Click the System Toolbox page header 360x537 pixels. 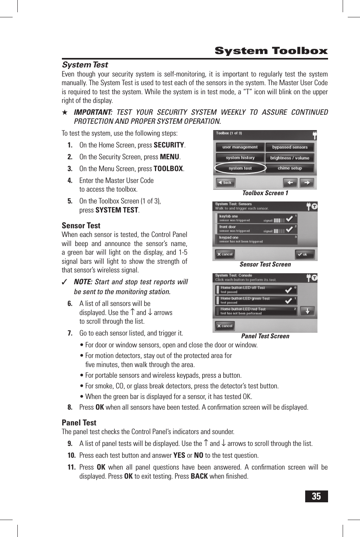coord(271,51)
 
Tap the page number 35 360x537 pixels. coord(316,496)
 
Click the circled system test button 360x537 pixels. coord(240,168)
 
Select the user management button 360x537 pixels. coord(240,147)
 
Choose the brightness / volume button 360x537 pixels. coord(290,158)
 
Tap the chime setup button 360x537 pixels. coord(290,168)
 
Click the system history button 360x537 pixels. coord(240,158)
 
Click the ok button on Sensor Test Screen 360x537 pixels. coord(305,254)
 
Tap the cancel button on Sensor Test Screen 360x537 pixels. coord(225,254)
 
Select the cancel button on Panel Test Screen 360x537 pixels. coord(225,326)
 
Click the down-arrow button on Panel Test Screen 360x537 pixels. coord(308,311)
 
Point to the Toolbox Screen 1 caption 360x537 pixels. coord(265,193)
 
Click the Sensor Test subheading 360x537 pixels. coord(81,226)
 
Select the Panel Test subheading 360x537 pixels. coord(79,422)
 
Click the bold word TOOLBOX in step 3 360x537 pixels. coord(168,169)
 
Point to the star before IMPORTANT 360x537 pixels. coord(65,112)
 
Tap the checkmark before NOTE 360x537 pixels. coord(65,282)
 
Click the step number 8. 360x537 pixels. coord(70,407)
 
